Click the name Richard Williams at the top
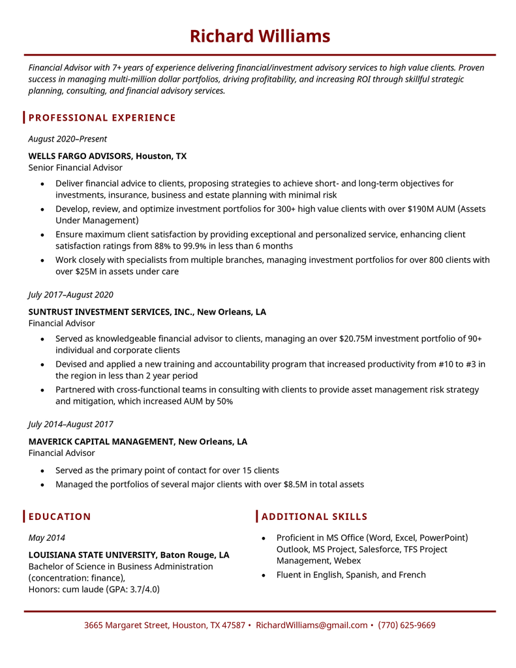click(x=260, y=36)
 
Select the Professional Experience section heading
click(x=102, y=117)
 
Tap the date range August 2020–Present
click(x=67, y=139)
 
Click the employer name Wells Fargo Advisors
click(x=80, y=156)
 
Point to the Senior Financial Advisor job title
click(x=75, y=168)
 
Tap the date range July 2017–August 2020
click(x=70, y=295)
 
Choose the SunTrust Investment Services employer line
click(x=147, y=312)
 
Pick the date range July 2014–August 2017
click(x=70, y=425)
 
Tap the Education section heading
click(x=59, y=517)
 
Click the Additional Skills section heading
click(x=314, y=517)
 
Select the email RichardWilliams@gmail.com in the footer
click(x=311, y=625)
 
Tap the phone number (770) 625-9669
click(x=406, y=625)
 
